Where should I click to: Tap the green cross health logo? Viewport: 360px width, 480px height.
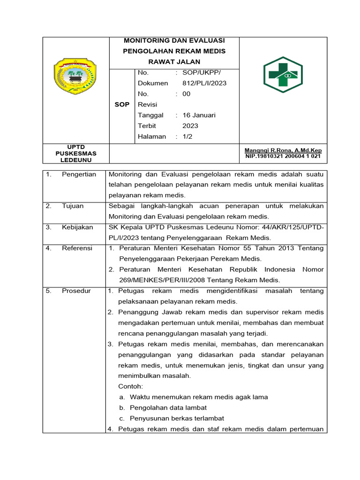(283, 75)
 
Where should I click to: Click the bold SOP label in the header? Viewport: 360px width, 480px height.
(122, 105)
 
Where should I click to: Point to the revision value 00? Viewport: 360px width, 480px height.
(187, 94)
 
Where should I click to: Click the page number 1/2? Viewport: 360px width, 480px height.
(187, 136)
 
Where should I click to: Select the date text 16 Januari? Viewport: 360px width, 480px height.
(199, 115)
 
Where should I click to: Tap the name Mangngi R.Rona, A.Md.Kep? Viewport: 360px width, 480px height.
(283, 150)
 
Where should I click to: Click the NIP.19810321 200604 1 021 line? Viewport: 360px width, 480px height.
(283, 156)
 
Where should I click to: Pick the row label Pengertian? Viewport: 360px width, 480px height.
(79, 174)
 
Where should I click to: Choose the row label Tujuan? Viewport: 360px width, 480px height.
(73, 206)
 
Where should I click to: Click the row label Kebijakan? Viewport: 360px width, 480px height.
(77, 227)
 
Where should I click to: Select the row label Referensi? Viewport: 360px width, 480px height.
(77, 248)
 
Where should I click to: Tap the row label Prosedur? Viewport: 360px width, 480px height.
(76, 291)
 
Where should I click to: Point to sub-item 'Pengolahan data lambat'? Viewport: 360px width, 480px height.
(168, 408)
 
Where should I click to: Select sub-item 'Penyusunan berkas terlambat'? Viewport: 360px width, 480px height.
(177, 418)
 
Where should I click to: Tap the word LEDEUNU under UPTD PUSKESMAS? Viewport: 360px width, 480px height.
(75, 160)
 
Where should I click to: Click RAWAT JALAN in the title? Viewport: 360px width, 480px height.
(174, 62)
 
